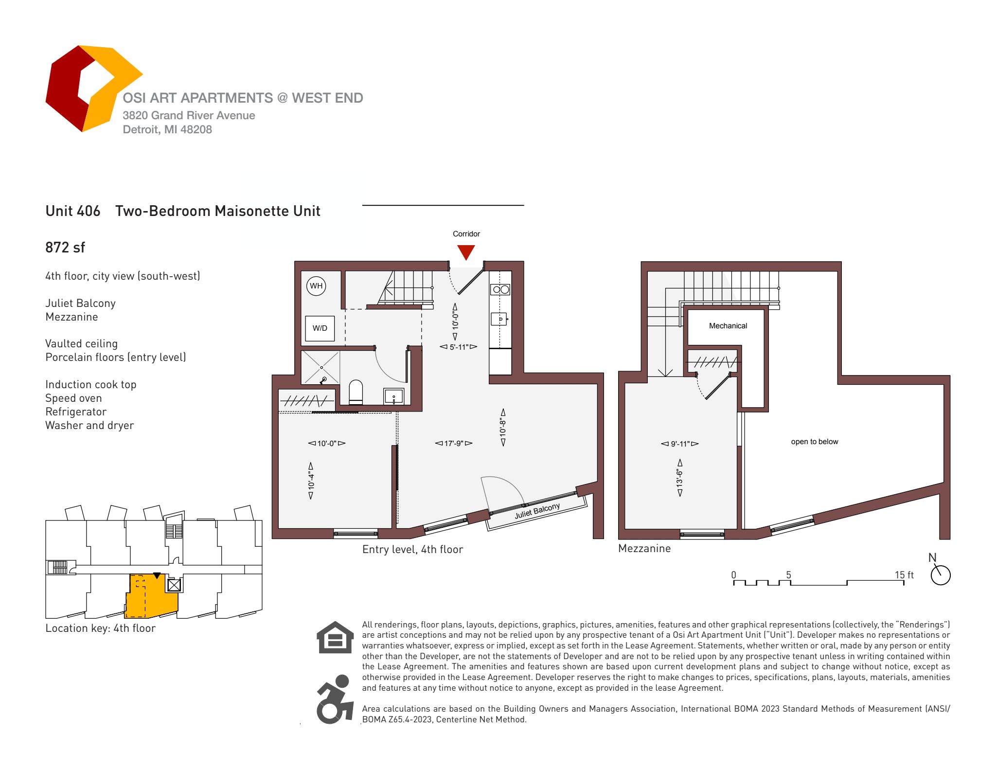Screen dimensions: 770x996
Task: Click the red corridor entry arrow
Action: click(466, 252)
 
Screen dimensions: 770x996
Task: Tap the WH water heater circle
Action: click(316, 286)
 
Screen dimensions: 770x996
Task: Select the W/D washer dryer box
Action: click(320, 328)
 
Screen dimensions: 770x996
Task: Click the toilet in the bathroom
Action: click(356, 392)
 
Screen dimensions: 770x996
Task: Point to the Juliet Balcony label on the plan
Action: click(537, 511)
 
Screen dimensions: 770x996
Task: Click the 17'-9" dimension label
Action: click(453, 443)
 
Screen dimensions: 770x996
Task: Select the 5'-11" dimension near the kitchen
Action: click(458, 347)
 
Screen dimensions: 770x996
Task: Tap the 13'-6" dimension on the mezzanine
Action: click(680, 478)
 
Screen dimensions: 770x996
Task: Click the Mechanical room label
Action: click(728, 326)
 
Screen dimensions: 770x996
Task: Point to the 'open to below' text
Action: click(815, 442)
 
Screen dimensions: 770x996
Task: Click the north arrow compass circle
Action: click(941, 575)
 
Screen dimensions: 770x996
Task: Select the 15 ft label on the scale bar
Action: click(904, 575)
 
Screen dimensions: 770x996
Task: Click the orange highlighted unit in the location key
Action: click(151, 596)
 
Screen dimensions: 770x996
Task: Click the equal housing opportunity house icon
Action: click(335, 637)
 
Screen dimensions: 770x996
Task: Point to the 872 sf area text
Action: click(65, 248)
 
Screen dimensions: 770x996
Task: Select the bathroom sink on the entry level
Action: click(393, 396)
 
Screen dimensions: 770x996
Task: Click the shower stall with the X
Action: click(320, 367)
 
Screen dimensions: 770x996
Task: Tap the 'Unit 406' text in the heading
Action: click(73, 211)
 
